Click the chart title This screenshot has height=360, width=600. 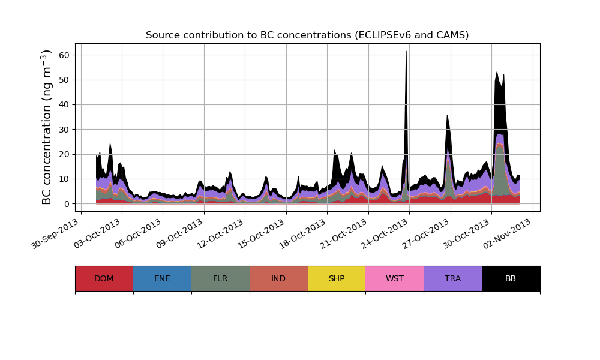point(307,35)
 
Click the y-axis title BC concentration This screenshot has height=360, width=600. point(47,127)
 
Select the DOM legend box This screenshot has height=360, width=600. point(104,278)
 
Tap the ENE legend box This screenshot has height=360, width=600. point(162,278)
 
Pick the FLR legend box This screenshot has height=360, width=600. point(220,278)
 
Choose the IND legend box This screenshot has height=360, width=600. point(278,278)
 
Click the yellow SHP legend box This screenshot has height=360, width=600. point(337,278)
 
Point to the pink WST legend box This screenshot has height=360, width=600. point(395,278)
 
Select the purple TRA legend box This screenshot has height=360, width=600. point(453,278)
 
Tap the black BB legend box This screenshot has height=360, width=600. point(511,278)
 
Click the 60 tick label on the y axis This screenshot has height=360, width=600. point(64,55)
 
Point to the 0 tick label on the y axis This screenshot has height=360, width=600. point(67,204)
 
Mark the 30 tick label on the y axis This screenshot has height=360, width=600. point(64,130)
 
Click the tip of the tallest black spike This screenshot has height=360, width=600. point(406,52)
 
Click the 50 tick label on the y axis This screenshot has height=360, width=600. point(64,80)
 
